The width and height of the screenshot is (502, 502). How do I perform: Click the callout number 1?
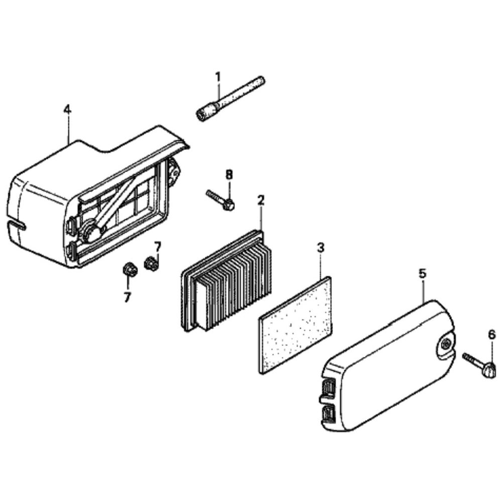click(218, 77)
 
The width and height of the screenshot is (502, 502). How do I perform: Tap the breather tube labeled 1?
click(230, 98)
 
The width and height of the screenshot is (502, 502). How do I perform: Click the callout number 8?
click(229, 175)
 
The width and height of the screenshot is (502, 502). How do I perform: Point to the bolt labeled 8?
click(221, 200)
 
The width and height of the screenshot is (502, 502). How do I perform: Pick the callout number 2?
click(261, 201)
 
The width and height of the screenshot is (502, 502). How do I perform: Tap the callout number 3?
click(320, 247)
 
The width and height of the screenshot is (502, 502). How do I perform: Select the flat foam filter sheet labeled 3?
click(295, 325)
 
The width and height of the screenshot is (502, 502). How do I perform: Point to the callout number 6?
click(492, 335)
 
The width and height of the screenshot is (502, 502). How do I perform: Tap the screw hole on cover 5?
click(445, 344)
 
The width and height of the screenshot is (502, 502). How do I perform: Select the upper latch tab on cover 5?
click(328, 390)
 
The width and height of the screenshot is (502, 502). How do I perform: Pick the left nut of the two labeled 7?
click(129, 269)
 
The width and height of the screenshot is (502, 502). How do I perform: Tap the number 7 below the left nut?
click(128, 297)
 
